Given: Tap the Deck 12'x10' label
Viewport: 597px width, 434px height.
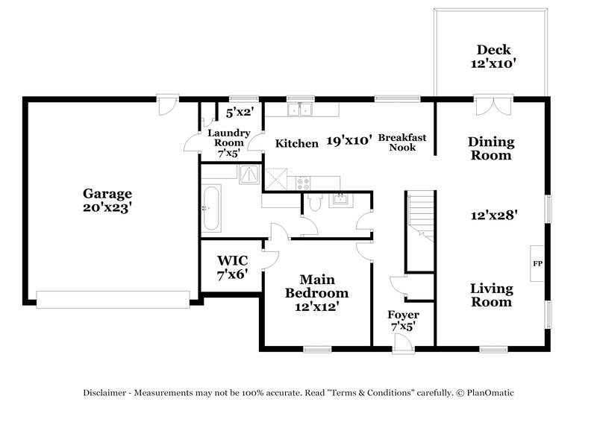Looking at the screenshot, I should (493, 57).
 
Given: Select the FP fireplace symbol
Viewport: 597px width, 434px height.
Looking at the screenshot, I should (537, 264).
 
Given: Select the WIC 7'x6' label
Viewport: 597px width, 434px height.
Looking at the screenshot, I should (231, 267).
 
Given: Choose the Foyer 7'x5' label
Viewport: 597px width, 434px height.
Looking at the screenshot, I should (404, 321).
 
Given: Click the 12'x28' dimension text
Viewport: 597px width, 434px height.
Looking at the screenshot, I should (493, 214).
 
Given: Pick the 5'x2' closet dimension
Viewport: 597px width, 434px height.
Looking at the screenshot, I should (240, 113).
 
